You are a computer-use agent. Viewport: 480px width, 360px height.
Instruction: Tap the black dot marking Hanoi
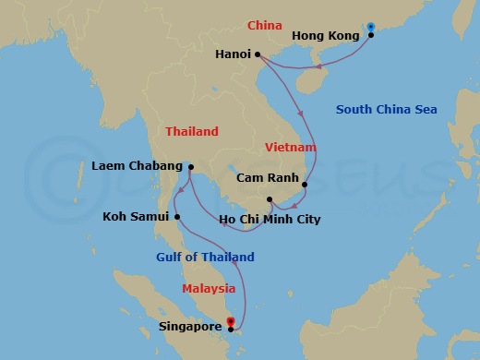[x=258, y=54]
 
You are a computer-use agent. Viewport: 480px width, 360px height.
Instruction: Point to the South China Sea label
[x=386, y=110]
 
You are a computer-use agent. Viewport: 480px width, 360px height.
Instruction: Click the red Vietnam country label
[x=291, y=148]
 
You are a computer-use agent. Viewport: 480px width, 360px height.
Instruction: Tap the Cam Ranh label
[x=265, y=177]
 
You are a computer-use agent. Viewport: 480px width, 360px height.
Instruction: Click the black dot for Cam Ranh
[x=304, y=184]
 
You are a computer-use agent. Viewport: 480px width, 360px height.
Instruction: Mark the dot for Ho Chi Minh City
[x=270, y=199]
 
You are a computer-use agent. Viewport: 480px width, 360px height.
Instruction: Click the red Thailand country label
[x=192, y=132]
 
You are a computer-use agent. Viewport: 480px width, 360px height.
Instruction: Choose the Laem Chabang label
[x=137, y=166]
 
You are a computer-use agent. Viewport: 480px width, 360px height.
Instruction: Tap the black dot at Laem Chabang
[x=189, y=167]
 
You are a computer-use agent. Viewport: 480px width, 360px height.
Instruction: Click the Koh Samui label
[x=136, y=217]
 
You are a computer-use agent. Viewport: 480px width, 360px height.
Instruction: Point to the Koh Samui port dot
[x=177, y=217]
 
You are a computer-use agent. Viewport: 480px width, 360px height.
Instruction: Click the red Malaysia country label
[x=208, y=288]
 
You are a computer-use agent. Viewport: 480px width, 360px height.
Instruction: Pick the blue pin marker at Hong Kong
[x=371, y=27]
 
